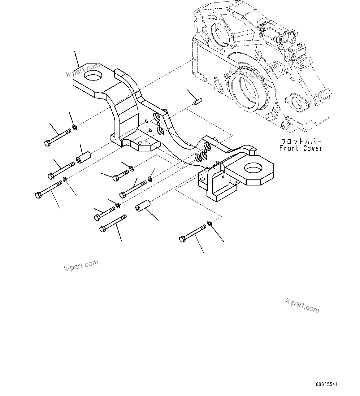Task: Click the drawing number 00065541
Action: (327, 385)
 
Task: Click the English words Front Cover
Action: (301, 148)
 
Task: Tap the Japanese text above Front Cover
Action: (301, 141)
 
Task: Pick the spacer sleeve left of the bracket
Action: (83, 157)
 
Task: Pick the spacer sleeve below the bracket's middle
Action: (143, 206)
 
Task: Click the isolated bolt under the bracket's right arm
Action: (192, 233)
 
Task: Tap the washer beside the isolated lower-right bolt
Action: (209, 223)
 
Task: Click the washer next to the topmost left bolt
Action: (74, 127)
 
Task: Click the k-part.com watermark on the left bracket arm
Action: (83, 70)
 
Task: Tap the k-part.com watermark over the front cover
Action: (245, 73)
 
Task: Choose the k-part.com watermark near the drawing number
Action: (302, 305)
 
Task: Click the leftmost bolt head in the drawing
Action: (38, 195)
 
